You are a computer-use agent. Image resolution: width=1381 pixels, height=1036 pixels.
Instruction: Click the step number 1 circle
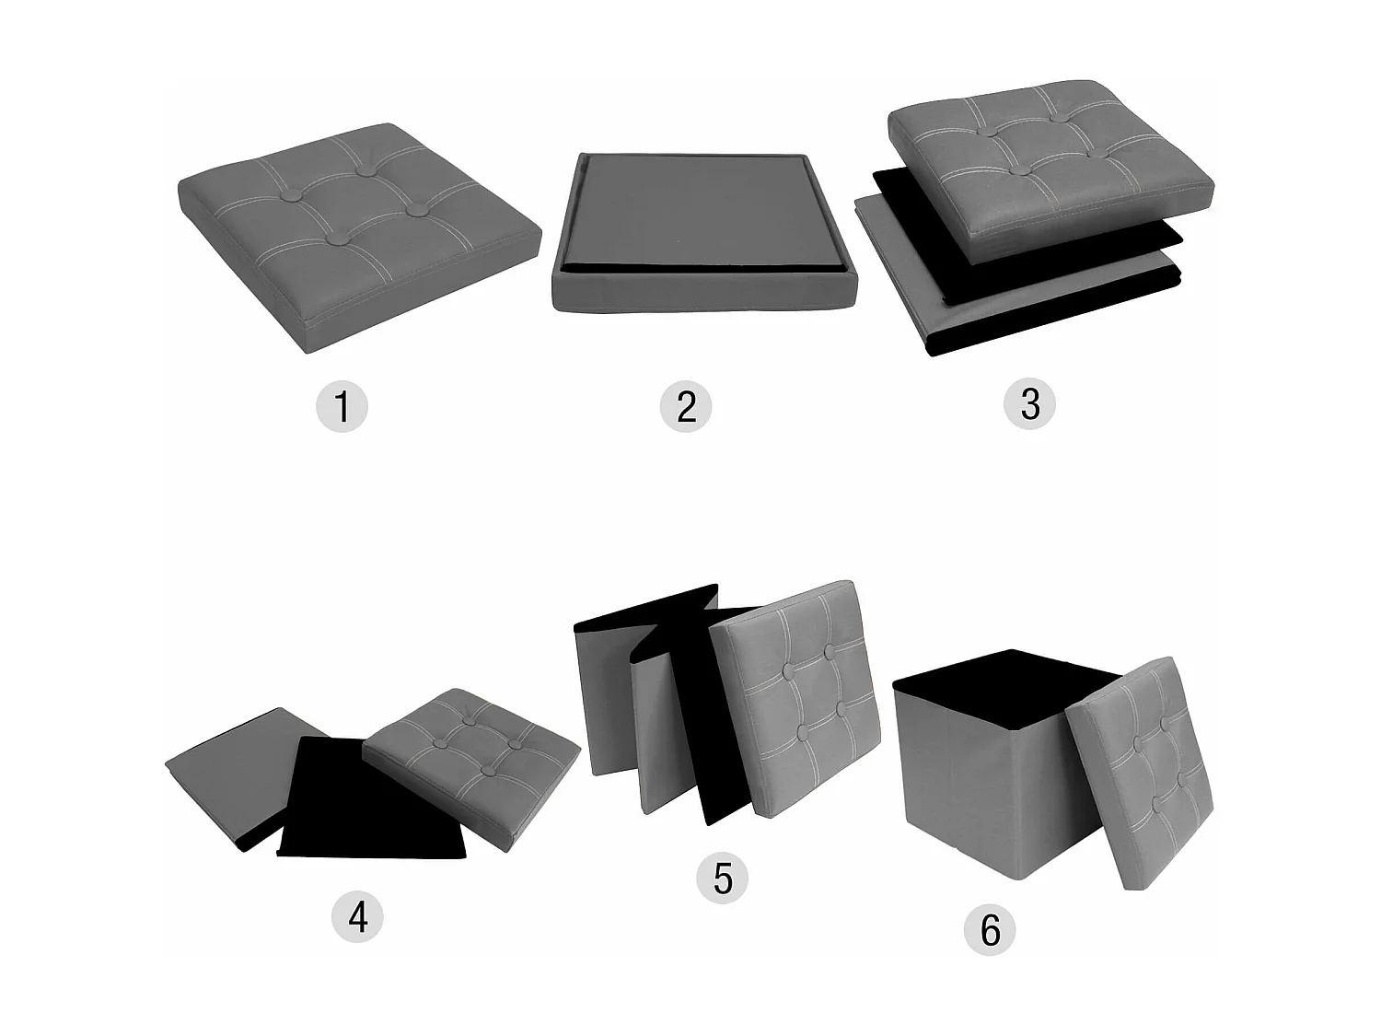coord(342,406)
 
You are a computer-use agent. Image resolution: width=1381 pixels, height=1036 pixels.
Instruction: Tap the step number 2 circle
coord(686,406)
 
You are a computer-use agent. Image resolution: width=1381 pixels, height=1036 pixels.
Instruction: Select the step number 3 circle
coord(1029,404)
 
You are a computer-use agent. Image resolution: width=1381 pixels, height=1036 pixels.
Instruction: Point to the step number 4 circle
coord(357,916)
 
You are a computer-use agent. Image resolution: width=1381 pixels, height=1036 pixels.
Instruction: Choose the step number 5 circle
coord(723,878)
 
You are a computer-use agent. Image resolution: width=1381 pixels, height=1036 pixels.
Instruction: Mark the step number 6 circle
coord(991,929)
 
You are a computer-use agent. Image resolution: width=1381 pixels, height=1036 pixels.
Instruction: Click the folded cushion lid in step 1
coord(360,238)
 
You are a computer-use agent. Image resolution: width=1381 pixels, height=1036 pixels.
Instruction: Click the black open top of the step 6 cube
coord(1004,687)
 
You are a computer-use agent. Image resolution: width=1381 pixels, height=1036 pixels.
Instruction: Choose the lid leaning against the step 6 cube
coord(1140,774)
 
